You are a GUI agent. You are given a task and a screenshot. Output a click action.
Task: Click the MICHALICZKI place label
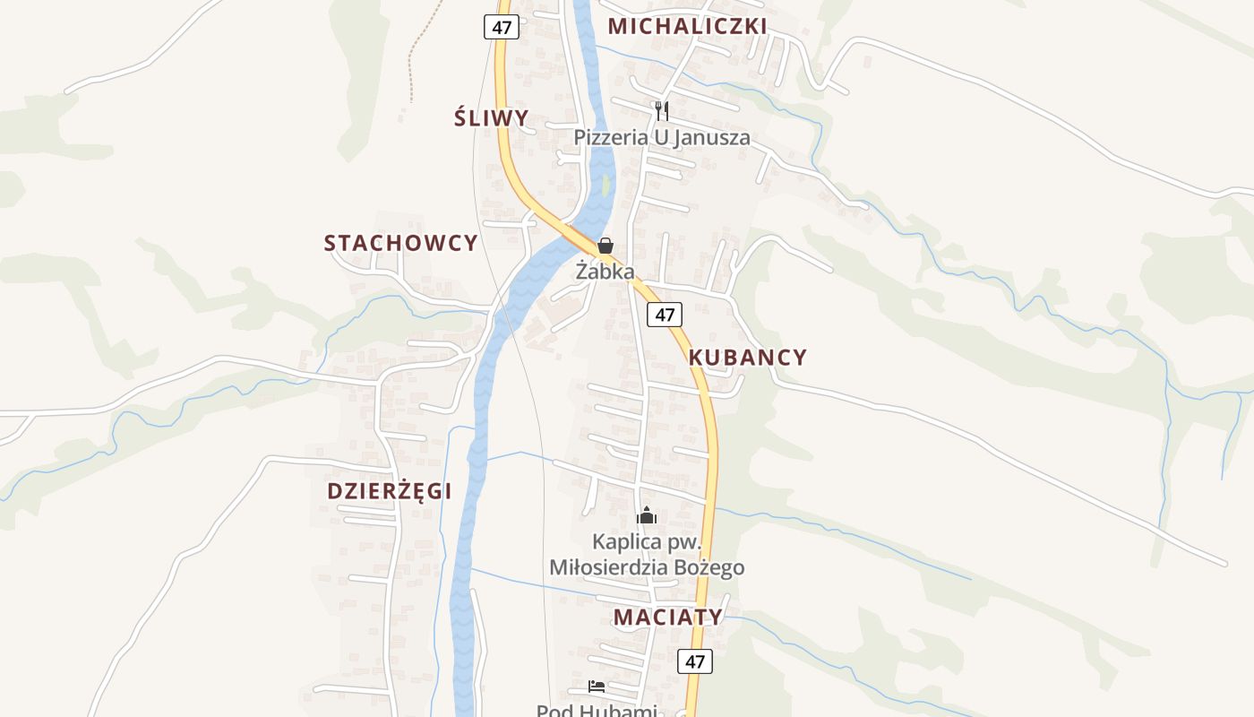pyautogui.click(x=687, y=26)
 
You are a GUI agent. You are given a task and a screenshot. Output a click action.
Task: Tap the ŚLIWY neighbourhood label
pyautogui.click(x=491, y=118)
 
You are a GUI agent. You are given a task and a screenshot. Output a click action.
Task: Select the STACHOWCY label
pyautogui.click(x=400, y=243)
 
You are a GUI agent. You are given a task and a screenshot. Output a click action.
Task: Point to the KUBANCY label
pyautogui.click(x=748, y=358)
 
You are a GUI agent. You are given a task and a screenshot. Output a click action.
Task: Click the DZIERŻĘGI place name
pyautogui.click(x=390, y=491)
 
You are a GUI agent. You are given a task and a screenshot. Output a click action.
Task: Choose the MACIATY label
pyautogui.click(x=668, y=617)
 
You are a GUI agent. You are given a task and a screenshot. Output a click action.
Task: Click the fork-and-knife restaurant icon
pyautogui.click(x=662, y=111)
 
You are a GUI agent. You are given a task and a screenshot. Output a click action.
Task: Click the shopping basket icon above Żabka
pyautogui.click(x=606, y=246)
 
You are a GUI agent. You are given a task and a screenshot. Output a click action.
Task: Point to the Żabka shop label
pyautogui.click(x=605, y=271)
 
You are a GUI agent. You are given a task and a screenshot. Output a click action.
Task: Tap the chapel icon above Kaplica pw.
pyautogui.click(x=646, y=515)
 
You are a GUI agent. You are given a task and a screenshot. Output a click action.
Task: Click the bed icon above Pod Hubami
pyautogui.click(x=597, y=687)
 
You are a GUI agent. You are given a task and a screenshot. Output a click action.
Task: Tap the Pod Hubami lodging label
pyautogui.click(x=597, y=711)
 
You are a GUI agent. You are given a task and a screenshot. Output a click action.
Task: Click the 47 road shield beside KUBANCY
pyautogui.click(x=664, y=315)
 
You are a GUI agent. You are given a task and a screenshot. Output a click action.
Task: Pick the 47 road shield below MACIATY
pyautogui.click(x=695, y=661)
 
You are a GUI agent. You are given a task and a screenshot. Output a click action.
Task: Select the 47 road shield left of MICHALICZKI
pyautogui.click(x=502, y=27)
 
